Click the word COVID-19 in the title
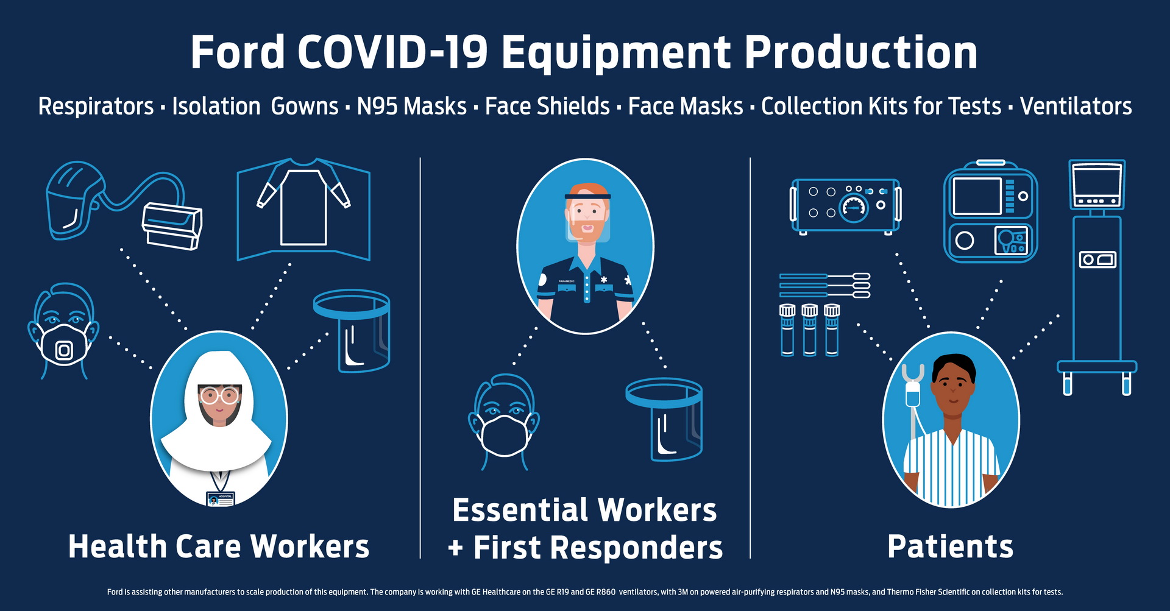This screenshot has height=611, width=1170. [392, 52]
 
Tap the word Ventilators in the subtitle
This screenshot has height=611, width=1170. [1076, 106]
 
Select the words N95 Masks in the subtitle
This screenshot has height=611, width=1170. [411, 106]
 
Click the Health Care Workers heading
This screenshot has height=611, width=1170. [219, 546]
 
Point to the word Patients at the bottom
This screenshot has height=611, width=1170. [950, 546]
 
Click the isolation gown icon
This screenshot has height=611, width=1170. [303, 207]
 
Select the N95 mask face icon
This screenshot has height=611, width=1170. [63, 332]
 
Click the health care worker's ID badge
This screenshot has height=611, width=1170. [220, 499]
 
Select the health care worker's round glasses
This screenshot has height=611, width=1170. [219, 396]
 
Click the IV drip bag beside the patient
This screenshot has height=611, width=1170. [912, 395]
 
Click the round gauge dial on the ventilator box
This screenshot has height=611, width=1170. [853, 208]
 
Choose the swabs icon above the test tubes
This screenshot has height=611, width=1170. [824, 286]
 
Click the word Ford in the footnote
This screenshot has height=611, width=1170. [115, 592]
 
